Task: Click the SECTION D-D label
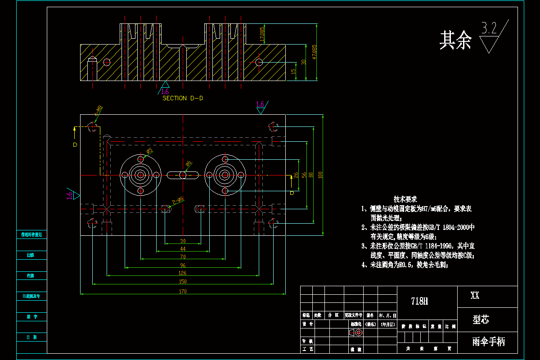click(x=182, y=98)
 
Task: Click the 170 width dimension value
click(x=183, y=292)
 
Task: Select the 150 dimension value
click(x=183, y=282)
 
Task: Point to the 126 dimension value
click(x=183, y=273)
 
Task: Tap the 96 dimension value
click(x=183, y=265)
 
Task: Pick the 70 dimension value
click(x=183, y=256)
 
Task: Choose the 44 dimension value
click(x=183, y=248)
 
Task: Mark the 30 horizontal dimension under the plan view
click(x=183, y=241)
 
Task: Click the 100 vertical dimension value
click(x=320, y=175)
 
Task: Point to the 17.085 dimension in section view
click(x=262, y=34)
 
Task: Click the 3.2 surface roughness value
click(x=489, y=29)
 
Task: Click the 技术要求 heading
click(x=405, y=199)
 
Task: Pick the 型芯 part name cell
click(x=481, y=320)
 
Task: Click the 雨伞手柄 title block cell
click(x=489, y=342)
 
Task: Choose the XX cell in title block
click(x=475, y=296)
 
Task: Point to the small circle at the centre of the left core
click(x=141, y=175)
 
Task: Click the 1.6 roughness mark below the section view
click(x=165, y=91)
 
